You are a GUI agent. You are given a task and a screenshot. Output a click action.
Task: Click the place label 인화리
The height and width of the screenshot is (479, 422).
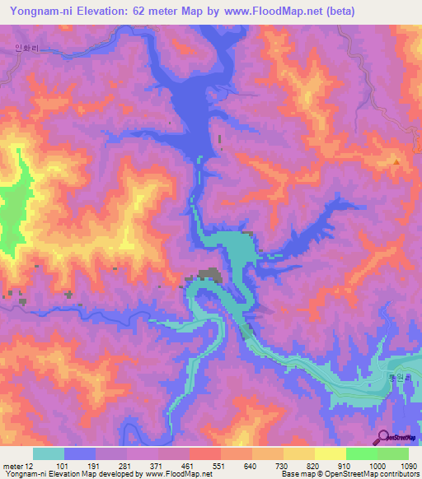(26, 48)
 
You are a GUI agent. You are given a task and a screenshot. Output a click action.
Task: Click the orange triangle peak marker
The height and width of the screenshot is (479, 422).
(396, 161)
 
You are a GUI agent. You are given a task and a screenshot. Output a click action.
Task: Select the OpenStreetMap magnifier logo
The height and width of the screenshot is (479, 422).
(382, 437)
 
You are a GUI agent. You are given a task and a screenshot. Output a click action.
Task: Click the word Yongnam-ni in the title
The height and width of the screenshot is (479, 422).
(41, 11)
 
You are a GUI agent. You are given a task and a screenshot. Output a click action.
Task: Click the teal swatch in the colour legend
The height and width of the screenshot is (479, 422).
(49, 453)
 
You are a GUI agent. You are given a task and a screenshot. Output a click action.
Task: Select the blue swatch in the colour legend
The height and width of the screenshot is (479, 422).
(80, 453)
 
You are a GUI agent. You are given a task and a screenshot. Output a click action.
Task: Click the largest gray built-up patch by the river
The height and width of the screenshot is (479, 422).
(206, 277)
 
